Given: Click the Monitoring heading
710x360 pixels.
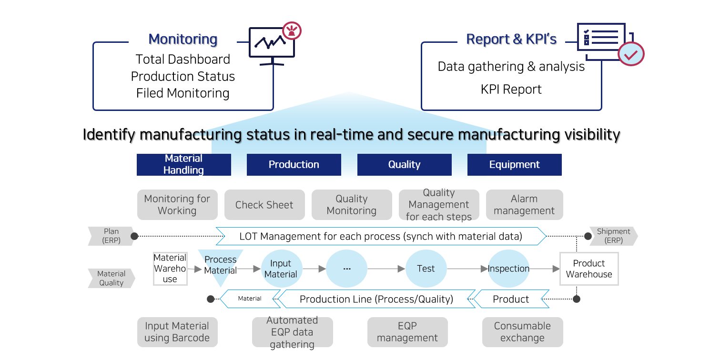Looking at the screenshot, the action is pos(183,39).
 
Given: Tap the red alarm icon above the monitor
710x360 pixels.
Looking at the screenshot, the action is pos(292,30).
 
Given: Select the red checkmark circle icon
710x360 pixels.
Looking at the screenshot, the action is pos(631,54).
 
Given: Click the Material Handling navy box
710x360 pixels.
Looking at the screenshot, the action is pos(184,165).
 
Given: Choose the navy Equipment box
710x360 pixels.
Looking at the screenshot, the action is pos(515,165).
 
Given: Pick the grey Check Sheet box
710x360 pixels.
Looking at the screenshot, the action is pos(264,205).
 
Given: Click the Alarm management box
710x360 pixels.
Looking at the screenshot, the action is pos(524,205).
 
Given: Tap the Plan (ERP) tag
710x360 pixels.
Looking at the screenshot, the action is pos(111,236).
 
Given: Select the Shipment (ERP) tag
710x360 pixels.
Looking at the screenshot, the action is pos(614,236).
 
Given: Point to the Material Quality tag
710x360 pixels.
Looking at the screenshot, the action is pos(111,278).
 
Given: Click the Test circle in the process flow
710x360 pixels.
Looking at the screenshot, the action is pos(426,269).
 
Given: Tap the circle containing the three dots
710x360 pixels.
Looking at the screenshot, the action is pos(347,269).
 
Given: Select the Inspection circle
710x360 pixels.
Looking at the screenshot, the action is pos(508,269).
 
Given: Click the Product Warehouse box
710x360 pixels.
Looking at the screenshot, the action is pos(589,269).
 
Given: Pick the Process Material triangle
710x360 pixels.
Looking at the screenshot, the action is pos(221,265).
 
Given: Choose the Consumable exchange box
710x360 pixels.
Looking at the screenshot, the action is pos(522,332).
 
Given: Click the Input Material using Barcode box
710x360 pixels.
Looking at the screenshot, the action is pos(177,332).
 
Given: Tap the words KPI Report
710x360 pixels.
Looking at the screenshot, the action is pos(511,90).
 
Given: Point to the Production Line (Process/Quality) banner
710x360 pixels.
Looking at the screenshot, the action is pos(376,299).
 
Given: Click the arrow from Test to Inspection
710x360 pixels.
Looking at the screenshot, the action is pos(467,269).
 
